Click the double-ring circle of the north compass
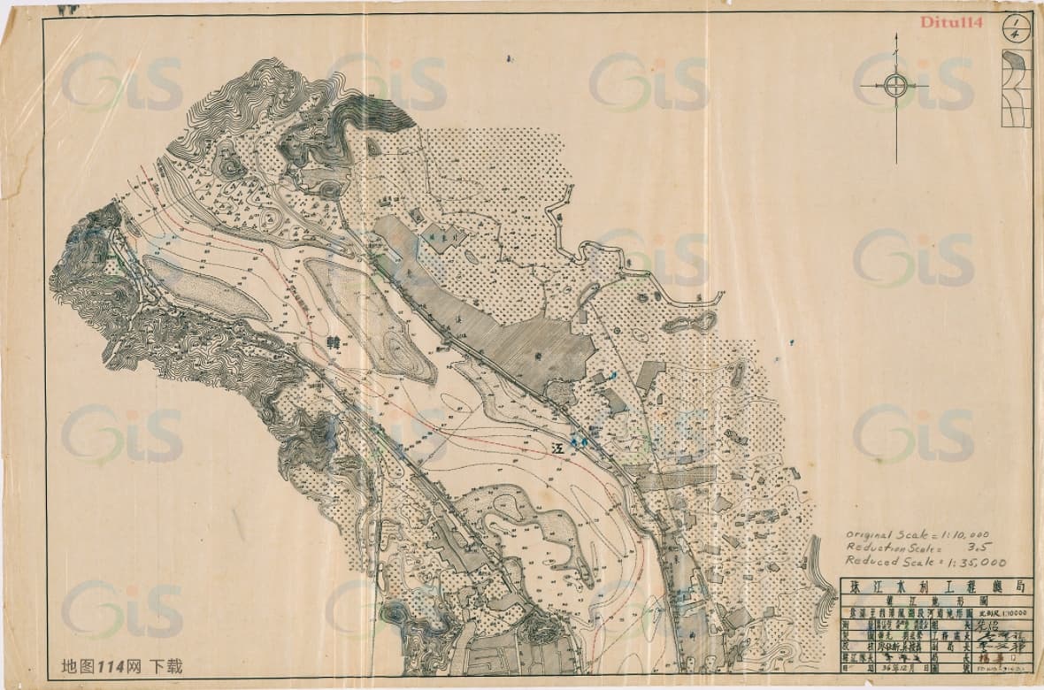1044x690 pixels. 894,86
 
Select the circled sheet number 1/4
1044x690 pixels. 1015,28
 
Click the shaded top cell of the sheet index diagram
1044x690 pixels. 1016,60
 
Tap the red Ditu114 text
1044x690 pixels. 951,23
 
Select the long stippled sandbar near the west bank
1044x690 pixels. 205,288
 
